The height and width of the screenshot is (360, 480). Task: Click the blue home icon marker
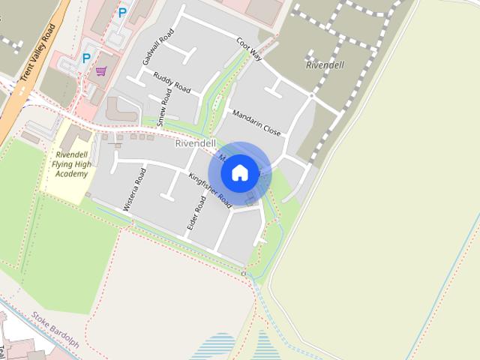pyautogui.click(x=239, y=173)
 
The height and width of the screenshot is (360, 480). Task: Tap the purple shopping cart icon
pyautogui.click(x=101, y=72)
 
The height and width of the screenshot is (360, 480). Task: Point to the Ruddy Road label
pyautogui.click(x=172, y=82)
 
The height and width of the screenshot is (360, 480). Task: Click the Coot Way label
pyautogui.click(x=248, y=50)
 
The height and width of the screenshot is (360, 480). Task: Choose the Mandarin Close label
pyautogui.click(x=256, y=122)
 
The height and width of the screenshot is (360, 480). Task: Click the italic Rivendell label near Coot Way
pyautogui.click(x=325, y=65)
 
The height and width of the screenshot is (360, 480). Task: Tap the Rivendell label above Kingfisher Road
pyautogui.click(x=196, y=143)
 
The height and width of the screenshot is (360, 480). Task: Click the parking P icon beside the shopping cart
pyautogui.click(x=86, y=58)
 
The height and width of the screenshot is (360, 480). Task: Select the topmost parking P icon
pyautogui.click(x=122, y=13)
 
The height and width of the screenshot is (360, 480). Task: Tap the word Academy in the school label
pyautogui.click(x=72, y=174)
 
